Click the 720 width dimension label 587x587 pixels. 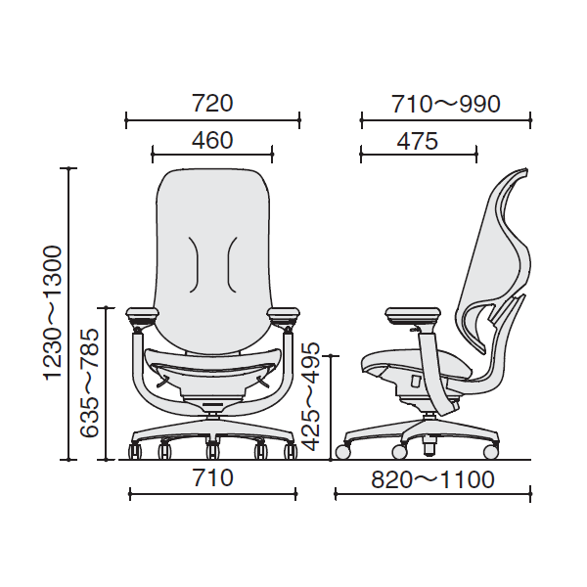click(212, 104)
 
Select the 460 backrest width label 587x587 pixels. click(212, 140)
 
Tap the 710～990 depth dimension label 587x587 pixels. click(446, 104)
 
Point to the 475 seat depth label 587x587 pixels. click(418, 141)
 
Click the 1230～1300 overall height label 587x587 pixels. click(53, 313)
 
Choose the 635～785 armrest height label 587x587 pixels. click(90, 383)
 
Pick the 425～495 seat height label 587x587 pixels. click(311, 397)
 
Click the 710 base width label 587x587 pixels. click(212, 478)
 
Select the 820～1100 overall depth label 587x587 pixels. click(432, 479)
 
